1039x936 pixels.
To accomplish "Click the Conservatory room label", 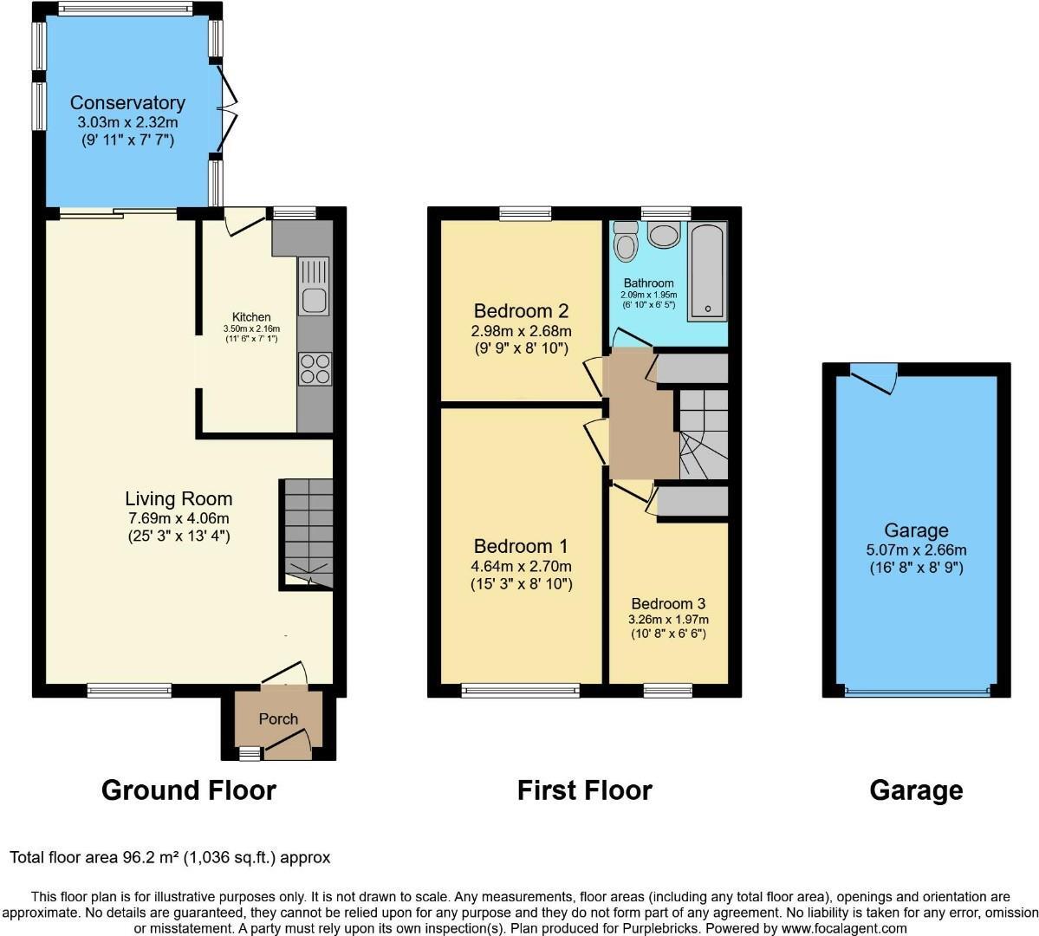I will (x=127, y=103).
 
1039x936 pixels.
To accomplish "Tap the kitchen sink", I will (x=313, y=288).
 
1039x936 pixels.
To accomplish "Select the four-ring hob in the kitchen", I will (x=314, y=369).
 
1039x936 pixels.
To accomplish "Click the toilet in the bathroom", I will (x=625, y=242).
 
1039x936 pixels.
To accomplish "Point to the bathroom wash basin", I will (x=666, y=235).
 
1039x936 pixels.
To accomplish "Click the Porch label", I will (x=278, y=718).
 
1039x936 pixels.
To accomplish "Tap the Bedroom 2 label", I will (x=521, y=310).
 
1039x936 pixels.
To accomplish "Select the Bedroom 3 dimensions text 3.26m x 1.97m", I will (x=668, y=620).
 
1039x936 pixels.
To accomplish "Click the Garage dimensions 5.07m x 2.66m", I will (x=916, y=549).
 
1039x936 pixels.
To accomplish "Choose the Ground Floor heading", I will (x=188, y=790).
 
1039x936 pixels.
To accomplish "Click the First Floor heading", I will (x=584, y=790).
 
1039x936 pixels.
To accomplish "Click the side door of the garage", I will (x=873, y=379).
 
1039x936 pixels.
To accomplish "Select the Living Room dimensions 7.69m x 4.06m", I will (x=179, y=517).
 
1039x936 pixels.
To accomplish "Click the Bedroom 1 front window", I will (x=521, y=691).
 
